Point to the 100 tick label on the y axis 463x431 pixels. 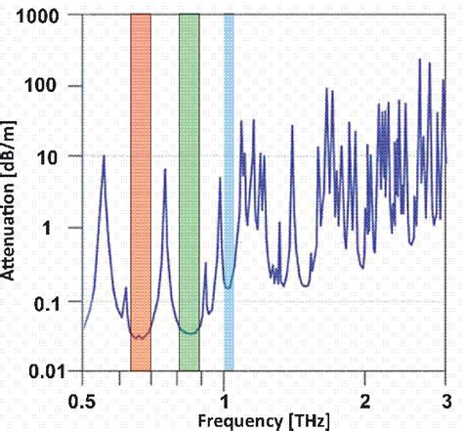click(53, 86)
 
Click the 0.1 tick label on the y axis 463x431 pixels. click(55, 302)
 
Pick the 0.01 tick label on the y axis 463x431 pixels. click(50, 372)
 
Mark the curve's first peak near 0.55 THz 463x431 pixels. click(104, 156)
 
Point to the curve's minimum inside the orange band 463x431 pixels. click(140, 337)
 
